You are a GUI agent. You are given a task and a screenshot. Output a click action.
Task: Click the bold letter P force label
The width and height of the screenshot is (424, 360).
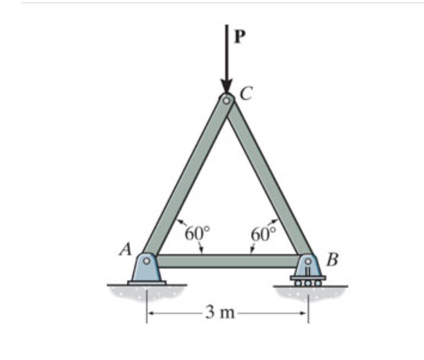(x=240, y=36)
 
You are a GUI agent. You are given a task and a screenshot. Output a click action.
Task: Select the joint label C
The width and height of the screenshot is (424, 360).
(x=246, y=93)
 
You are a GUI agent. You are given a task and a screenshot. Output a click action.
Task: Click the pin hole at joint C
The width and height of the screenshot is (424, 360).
(x=227, y=101)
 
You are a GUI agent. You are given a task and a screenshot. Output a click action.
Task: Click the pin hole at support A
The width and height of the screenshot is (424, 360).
(x=147, y=261)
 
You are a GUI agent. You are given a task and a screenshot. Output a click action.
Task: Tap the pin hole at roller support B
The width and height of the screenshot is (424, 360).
(x=308, y=262)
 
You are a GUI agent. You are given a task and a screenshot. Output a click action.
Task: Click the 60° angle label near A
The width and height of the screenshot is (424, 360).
(x=197, y=234)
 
